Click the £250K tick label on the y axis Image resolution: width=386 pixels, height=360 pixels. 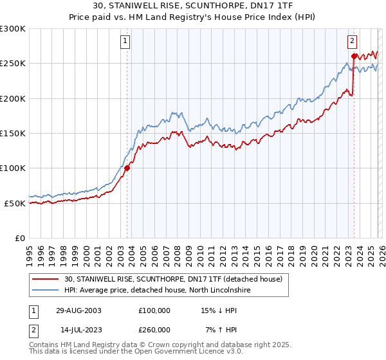point(13,64)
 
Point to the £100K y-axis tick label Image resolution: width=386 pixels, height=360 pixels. point(13,168)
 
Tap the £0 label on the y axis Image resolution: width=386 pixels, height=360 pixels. point(19,238)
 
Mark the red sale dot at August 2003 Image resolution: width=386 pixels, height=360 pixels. point(127,168)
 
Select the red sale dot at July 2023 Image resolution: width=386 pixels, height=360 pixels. point(353,57)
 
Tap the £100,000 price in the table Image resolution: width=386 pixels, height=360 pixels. point(154,310)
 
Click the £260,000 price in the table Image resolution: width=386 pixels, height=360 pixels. point(154,329)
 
